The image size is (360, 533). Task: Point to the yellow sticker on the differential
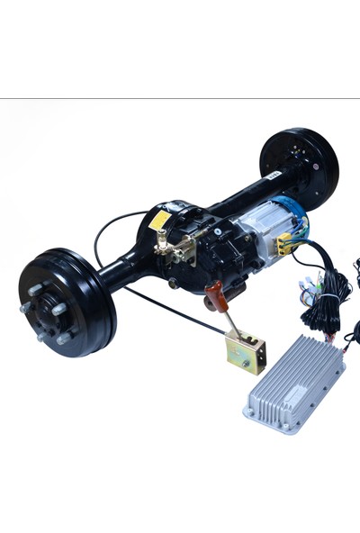pyautogui.click(x=159, y=221)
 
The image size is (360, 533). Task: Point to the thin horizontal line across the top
pyautogui.click(x=180, y=97)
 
